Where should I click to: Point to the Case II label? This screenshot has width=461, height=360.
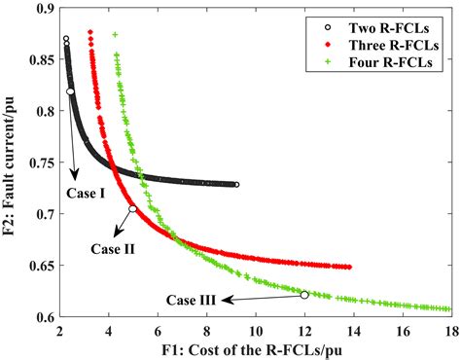(113, 248)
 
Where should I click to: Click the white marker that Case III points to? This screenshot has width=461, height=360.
(304, 295)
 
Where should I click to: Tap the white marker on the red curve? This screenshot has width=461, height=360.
(133, 208)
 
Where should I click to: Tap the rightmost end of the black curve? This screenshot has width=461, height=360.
(236, 185)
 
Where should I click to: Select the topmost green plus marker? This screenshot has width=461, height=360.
(115, 34)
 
